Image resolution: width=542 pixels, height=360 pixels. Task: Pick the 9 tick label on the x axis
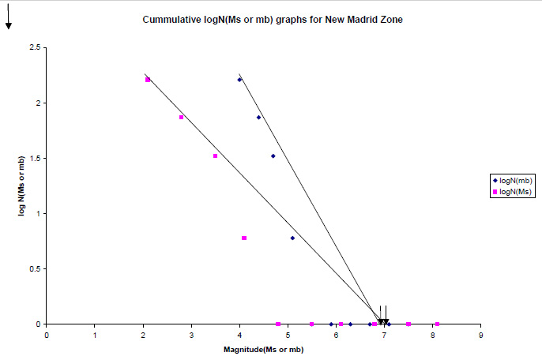pyautogui.click(x=480, y=335)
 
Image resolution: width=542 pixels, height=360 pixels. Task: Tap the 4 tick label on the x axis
pyautogui.click(x=239, y=335)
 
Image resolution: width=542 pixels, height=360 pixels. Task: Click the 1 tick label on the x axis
pyautogui.click(x=95, y=335)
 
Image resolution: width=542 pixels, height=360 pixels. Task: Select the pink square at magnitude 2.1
pyautogui.click(x=148, y=79)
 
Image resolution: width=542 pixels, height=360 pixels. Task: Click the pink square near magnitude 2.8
pyautogui.click(x=182, y=118)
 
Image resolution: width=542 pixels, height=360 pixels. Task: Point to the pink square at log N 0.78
pyautogui.click(x=244, y=238)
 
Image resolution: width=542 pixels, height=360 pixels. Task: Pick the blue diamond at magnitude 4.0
pyautogui.click(x=239, y=79)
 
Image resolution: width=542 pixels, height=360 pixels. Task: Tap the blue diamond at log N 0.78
pyautogui.click(x=292, y=238)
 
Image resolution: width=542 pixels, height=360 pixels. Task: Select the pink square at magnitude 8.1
pyautogui.click(x=437, y=324)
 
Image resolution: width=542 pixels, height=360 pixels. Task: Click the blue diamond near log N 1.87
pyautogui.click(x=258, y=118)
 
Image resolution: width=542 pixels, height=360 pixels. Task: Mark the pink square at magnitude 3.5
pyautogui.click(x=215, y=156)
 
